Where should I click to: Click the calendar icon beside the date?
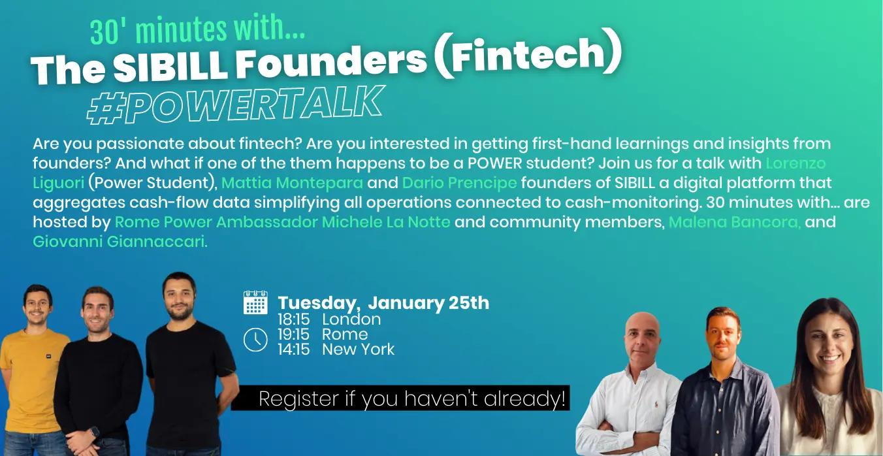[x=255, y=302]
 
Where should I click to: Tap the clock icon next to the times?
[x=255, y=339]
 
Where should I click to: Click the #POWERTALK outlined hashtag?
[x=235, y=105]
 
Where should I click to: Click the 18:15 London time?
[x=329, y=319]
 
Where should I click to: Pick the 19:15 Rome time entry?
[x=323, y=334]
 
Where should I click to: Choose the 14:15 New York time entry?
[x=336, y=350]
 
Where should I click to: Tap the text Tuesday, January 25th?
[x=383, y=303]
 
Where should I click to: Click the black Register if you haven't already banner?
[x=400, y=398]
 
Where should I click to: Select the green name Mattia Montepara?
[x=292, y=183]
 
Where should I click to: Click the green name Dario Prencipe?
[x=459, y=183]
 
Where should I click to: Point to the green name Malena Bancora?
[x=735, y=221]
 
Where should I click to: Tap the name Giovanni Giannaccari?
[x=120, y=242]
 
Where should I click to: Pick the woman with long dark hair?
[x=828, y=379]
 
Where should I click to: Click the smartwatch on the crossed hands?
[x=93, y=432]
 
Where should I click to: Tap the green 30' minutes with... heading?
[x=197, y=31]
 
